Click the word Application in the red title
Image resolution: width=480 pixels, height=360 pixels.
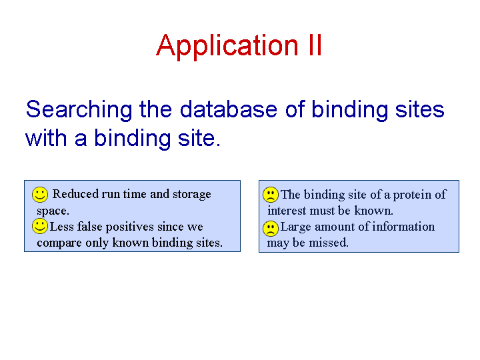tap(227, 47)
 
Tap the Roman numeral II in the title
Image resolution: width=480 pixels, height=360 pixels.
tap(315, 45)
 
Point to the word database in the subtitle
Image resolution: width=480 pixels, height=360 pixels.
tap(229, 109)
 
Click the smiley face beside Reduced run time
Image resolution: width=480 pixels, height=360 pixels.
tap(40, 195)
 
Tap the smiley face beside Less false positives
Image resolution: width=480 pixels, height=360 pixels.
tap(40, 226)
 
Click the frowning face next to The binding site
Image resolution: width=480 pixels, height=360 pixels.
tap(270, 195)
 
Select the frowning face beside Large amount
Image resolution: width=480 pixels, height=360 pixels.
tap(270, 229)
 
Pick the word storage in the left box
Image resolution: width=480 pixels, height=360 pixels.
tap(192, 195)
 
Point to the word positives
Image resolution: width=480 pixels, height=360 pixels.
tap(130, 227)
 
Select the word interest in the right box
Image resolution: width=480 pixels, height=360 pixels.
tap(287, 211)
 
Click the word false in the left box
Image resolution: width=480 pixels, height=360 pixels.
tap(90, 227)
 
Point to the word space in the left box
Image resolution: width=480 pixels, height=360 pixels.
tap(53, 211)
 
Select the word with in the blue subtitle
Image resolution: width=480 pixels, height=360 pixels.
tap(46, 139)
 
